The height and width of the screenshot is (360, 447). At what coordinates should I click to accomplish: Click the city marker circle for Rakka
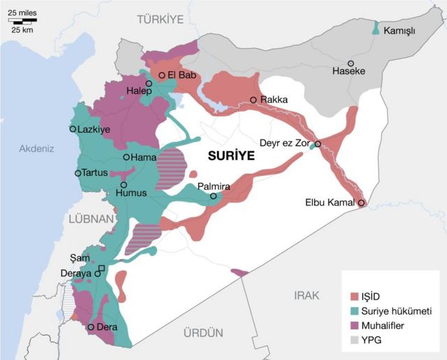click(254, 100)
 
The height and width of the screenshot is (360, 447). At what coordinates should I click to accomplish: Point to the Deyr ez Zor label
click(284, 142)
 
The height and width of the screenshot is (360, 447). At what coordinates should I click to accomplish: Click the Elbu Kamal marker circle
click(361, 203)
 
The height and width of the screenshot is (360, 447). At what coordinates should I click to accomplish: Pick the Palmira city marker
click(214, 197)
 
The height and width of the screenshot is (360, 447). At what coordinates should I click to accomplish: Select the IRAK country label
click(307, 295)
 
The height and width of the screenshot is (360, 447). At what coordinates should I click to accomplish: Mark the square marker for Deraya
click(102, 269)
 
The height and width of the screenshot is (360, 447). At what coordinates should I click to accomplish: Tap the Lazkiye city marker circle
click(73, 129)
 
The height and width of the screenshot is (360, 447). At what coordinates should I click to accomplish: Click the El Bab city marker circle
click(161, 75)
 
